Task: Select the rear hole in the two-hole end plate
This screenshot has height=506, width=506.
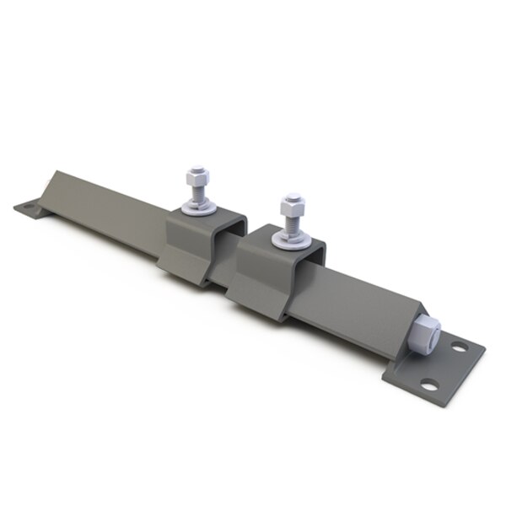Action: pos(460,346)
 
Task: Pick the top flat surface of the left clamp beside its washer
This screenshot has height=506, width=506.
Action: pos(221,221)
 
